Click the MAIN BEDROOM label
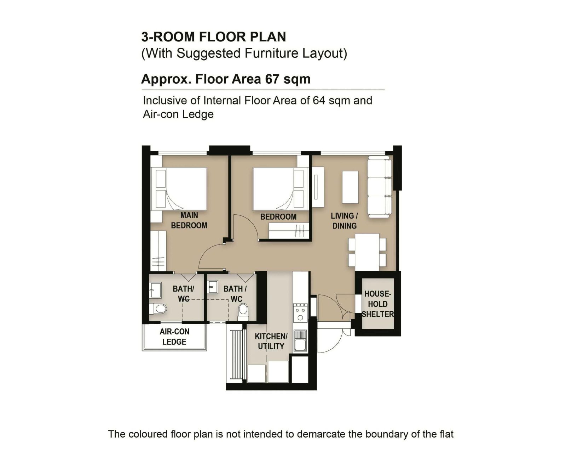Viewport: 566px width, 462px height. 189,220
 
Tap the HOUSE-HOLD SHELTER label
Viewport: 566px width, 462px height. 377,304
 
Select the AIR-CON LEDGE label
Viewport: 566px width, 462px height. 174,337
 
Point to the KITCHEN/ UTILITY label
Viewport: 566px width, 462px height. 271,342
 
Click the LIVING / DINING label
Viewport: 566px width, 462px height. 345,221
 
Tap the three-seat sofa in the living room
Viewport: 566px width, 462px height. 380,187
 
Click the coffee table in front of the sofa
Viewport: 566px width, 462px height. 350,187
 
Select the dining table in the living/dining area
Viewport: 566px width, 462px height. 367,252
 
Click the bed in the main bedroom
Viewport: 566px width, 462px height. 179,189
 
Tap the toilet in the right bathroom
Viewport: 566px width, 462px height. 243,312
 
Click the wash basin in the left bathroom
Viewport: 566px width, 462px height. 155,290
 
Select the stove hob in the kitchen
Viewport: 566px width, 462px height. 300,313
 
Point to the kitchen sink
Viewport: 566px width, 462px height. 300,340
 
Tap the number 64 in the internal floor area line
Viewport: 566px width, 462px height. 319,101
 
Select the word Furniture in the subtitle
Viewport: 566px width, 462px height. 272,53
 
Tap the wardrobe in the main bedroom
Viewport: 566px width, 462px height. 158,251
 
